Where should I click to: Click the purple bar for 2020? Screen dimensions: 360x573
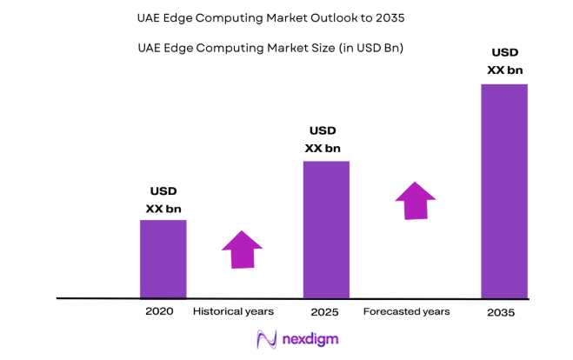163,258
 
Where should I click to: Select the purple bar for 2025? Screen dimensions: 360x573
326,230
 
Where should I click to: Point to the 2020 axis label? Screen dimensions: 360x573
160,311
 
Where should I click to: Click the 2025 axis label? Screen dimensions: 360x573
324,311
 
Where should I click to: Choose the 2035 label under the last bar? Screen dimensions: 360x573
502,312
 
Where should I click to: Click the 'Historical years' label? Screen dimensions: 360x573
233,311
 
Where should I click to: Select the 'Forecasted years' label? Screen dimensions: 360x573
406,311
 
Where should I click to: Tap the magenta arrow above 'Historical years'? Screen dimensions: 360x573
242,250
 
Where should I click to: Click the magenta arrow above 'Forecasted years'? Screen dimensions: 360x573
416,201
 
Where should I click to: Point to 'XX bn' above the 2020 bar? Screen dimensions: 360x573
163,209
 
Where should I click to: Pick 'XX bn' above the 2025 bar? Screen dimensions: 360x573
323,148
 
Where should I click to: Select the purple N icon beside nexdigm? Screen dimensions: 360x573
265,339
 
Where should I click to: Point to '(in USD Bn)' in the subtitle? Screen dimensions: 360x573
370,48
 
